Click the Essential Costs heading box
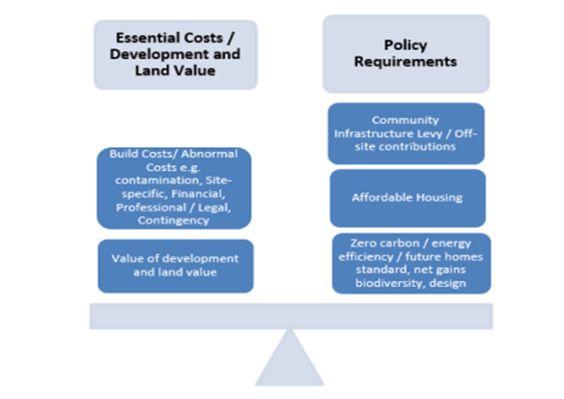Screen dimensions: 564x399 point(176,55)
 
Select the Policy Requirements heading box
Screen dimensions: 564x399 point(406,54)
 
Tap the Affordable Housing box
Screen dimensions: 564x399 point(408,198)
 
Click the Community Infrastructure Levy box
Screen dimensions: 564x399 point(406,133)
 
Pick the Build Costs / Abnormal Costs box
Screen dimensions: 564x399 point(174,187)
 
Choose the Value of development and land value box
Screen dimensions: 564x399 point(176,267)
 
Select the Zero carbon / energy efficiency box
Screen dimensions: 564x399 point(411,264)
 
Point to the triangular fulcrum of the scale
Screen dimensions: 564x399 point(290,359)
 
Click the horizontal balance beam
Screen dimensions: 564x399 point(291,316)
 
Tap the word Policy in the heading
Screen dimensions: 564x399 point(406,45)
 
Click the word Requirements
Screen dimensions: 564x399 point(406,62)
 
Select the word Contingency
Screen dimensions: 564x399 point(174,220)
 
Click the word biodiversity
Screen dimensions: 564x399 point(389,283)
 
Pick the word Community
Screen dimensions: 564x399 point(406,120)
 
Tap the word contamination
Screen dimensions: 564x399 point(157,180)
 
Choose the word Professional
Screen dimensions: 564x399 point(151,208)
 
